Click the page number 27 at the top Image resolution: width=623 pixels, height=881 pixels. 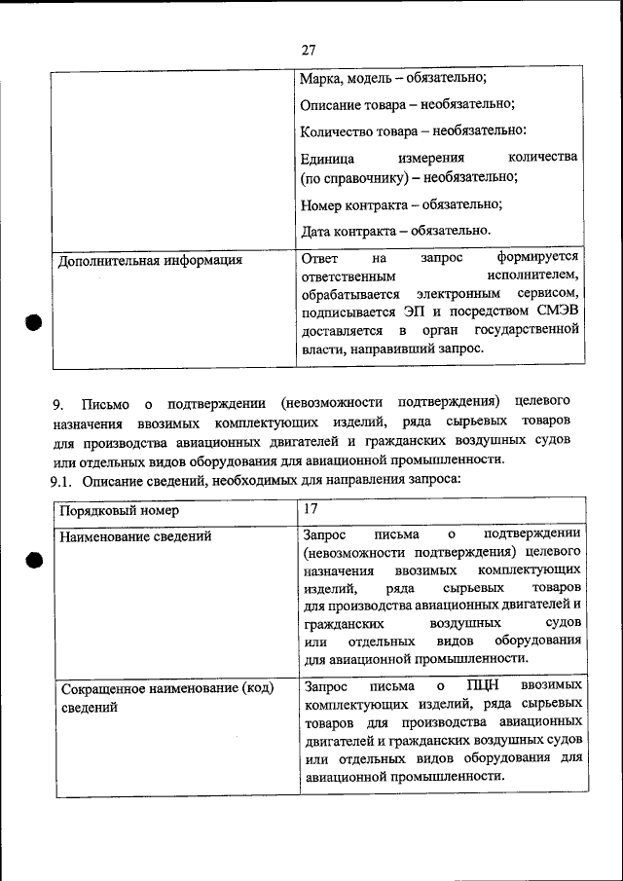(310, 50)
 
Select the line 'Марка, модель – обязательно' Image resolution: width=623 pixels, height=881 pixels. (393, 78)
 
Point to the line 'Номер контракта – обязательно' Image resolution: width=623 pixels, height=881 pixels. (401, 205)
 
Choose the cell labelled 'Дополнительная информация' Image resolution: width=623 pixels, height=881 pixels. (150, 261)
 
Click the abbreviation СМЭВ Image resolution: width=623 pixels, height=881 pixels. (557, 312)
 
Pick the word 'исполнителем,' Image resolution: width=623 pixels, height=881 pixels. (536, 275)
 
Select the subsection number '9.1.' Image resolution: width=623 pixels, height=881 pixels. (62, 480)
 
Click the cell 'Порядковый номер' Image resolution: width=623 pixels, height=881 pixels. (119, 511)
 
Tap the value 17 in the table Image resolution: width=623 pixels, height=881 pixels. (311, 509)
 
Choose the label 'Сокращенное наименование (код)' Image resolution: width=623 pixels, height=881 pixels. (166, 689)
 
